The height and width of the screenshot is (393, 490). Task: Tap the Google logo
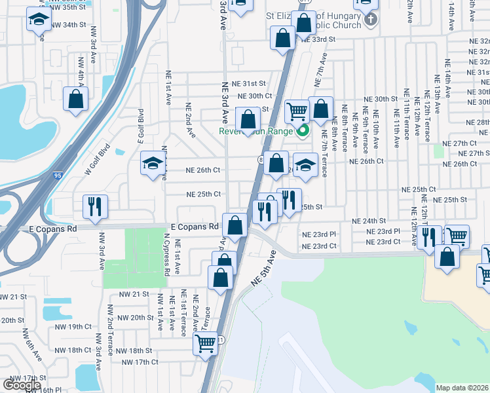click(x=22, y=385)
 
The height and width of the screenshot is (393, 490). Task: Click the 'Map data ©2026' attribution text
click(x=462, y=388)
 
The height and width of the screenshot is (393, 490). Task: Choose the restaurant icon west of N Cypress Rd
click(x=95, y=206)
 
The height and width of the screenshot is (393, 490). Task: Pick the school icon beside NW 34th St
click(x=39, y=20)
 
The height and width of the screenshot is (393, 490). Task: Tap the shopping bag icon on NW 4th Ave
click(x=75, y=99)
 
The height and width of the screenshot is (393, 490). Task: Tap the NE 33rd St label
click(x=318, y=39)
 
